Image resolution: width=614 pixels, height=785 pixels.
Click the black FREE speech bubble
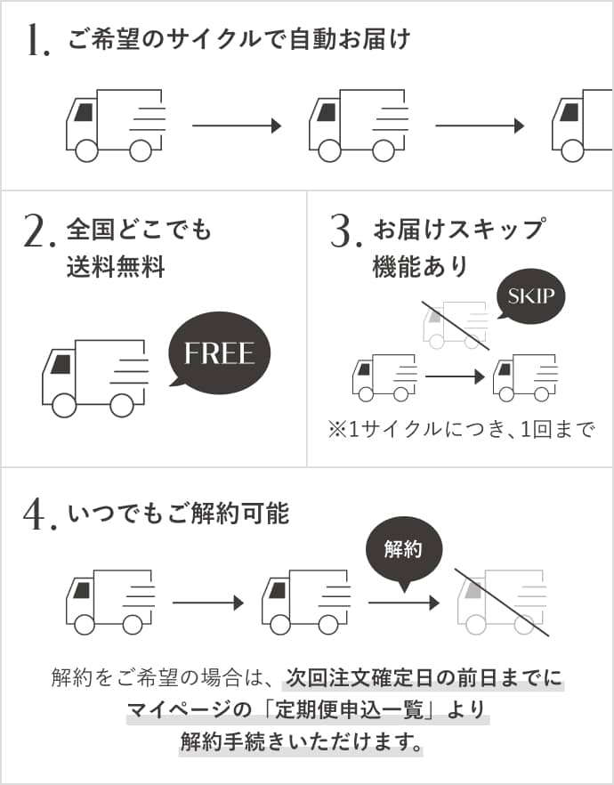coord(219,352)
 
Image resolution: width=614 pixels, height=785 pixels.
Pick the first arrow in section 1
coord(237,126)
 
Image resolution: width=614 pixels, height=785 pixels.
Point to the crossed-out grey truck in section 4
coord(501,602)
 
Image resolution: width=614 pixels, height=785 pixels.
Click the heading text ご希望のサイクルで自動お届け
coord(239,40)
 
